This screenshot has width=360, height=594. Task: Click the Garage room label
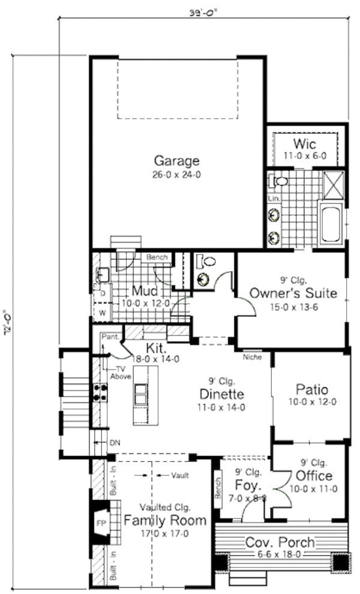[176, 161]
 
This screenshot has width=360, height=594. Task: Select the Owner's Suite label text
[293, 294]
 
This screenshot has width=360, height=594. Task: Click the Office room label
[314, 476]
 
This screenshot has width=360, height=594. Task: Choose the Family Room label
[165, 520]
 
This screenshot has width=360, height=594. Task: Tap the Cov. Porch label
[280, 543]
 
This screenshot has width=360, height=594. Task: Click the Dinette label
[222, 394]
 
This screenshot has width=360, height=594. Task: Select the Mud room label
[144, 292]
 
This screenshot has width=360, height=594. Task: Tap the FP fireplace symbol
[100, 523]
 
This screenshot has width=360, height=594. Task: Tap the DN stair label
[115, 443]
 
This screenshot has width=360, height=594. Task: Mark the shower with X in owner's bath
[332, 183]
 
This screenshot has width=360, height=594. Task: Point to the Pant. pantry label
[109, 337]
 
